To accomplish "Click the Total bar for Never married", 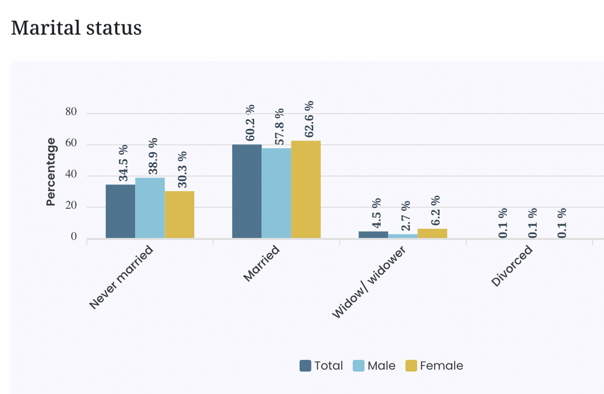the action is pyautogui.click(x=120, y=211).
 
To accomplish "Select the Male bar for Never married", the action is pyautogui.click(x=150, y=208).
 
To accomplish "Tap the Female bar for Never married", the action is pyautogui.click(x=179, y=215).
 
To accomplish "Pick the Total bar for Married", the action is pyautogui.click(x=247, y=192).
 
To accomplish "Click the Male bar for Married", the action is pyautogui.click(x=277, y=193).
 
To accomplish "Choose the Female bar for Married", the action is pyautogui.click(x=306, y=189).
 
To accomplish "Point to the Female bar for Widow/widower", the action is pyautogui.click(x=432, y=234).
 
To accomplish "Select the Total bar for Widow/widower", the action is pyautogui.click(x=373, y=235).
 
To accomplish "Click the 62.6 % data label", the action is pyautogui.click(x=309, y=119).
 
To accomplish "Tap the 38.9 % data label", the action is pyautogui.click(x=153, y=156).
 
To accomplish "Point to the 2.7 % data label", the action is pyautogui.click(x=406, y=216).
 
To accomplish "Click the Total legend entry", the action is pyautogui.click(x=321, y=366).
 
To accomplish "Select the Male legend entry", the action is pyautogui.click(x=374, y=366).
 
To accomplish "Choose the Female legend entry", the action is pyautogui.click(x=434, y=366).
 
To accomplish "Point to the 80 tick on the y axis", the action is pyautogui.click(x=71, y=111).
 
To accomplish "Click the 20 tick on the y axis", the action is pyautogui.click(x=71, y=205).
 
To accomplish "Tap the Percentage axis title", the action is pyautogui.click(x=51, y=172).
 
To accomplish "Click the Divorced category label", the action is pyautogui.click(x=512, y=266).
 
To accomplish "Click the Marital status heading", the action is pyautogui.click(x=76, y=28).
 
